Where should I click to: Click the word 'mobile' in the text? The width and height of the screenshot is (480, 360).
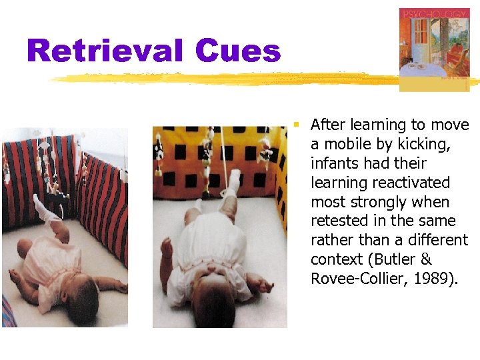[343, 144]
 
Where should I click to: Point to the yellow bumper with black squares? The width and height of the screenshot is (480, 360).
[220, 160]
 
